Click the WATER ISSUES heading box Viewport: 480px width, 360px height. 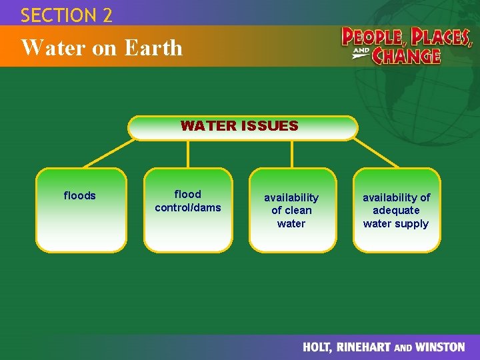[x=243, y=128]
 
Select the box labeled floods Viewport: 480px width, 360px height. [x=81, y=210]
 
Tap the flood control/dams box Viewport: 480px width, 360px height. [x=188, y=210]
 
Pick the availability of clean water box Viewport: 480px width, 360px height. [x=292, y=210]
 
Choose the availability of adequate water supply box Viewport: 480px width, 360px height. [x=397, y=210]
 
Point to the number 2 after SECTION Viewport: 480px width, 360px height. [x=107, y=15]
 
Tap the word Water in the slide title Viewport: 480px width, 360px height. [x=45, y=48]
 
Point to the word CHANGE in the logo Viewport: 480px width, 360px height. [x=406, y=55]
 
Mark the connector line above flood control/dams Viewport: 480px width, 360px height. [x=189, y=154]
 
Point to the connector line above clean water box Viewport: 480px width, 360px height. [x=292, y=154]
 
